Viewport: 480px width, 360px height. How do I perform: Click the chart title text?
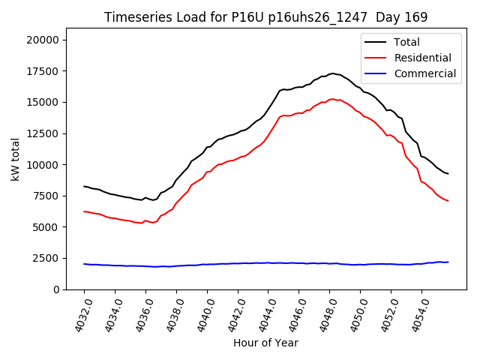click(x=265, y=17)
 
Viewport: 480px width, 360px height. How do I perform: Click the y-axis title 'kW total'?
click(x=16, y=164)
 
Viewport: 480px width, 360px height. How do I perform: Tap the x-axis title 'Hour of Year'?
click(x=265, y=343)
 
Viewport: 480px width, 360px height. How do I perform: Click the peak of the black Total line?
click(x=332, y=73)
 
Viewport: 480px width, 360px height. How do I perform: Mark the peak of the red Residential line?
click(x=332, y=99)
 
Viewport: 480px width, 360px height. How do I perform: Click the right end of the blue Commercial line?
click(x=448, y=262)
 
